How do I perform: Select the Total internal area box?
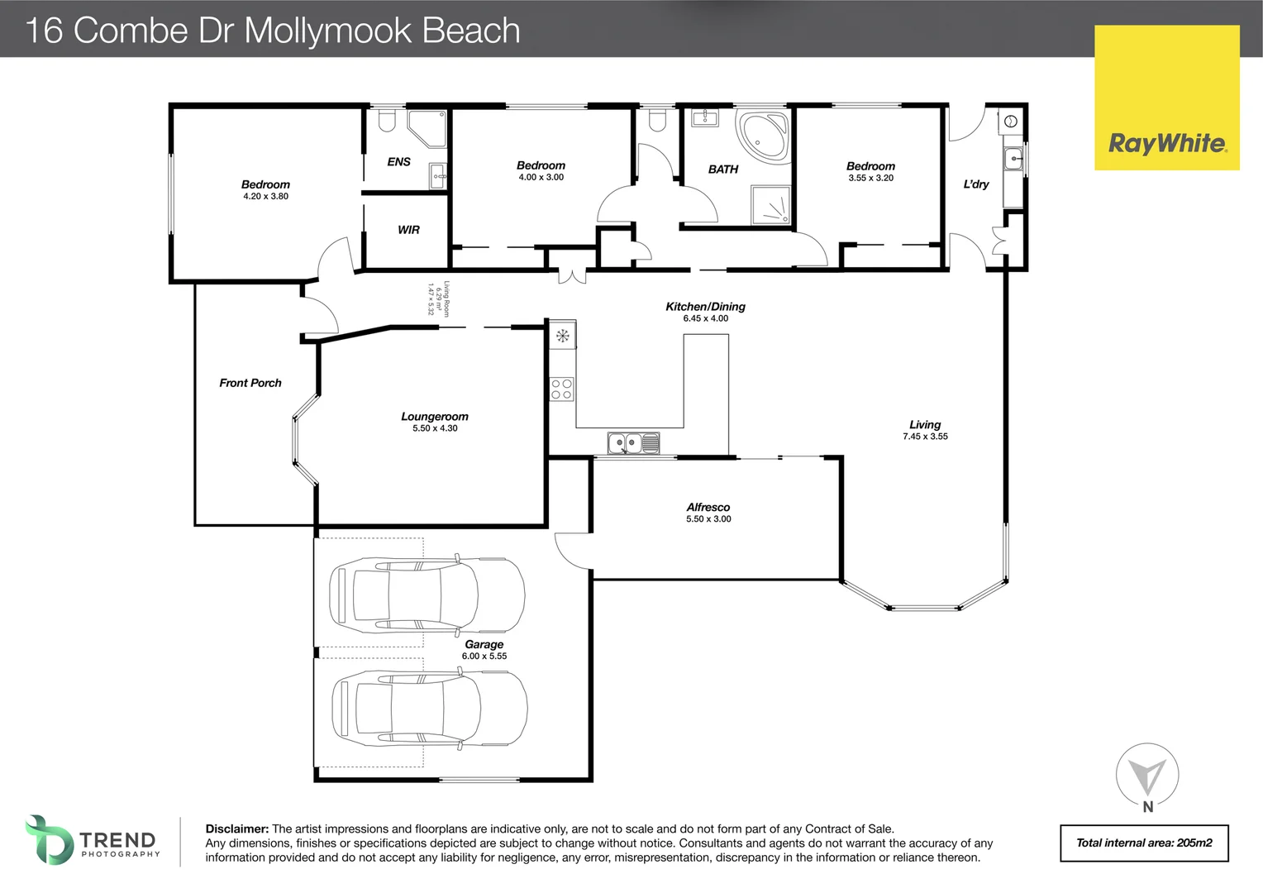(x=1144, y=843)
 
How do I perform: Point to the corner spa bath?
(x=763, y=136)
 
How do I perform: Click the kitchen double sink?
(x=633, y=444)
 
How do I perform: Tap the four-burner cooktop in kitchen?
(x=562, y=389)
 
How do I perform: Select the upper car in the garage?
(x=427, y=593)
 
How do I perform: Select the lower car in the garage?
(x=429, y=709)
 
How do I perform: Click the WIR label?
(x=408, y=230)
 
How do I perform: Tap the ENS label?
(x=398, y=162)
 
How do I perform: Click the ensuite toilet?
(x=385, y=123)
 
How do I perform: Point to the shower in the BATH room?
(x=770, y=205)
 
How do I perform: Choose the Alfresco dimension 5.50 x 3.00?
(x=708, y=519)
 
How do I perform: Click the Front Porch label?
(x=250, y=383)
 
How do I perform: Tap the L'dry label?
(x=975, y=184)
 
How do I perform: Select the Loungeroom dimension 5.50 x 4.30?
(x=435, y=428)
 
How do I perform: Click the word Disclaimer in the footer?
(x=236, y=829)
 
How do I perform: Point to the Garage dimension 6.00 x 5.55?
(x=484, y=657)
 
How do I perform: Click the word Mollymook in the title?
(x=327, y=31)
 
